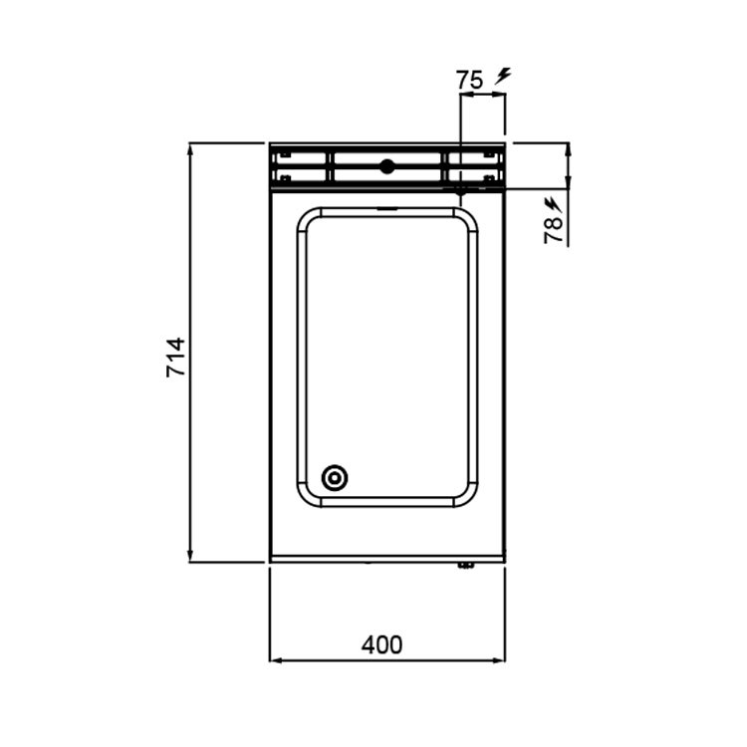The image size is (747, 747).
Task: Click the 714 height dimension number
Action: (x=175, y=357)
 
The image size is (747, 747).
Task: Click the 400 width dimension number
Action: (x=381, y=645)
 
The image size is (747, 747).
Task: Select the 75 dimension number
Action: (x=470, y=80)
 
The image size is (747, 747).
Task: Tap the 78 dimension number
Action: (x=553, y=230)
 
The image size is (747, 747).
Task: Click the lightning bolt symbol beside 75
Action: (x=503, y=77)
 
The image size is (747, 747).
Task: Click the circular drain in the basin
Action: (x=334, y=477)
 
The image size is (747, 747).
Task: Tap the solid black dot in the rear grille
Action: (x=386, y=166)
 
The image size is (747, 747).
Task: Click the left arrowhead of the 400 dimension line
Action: (x=275, y=660)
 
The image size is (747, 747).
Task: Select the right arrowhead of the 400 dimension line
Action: (x=499, y=660)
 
